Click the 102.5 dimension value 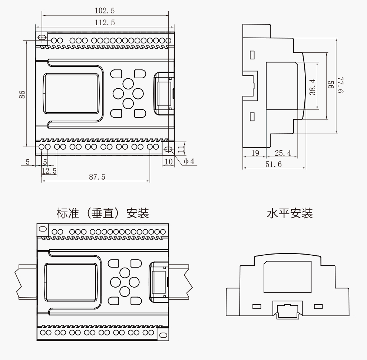click(105, 11)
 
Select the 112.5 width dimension click(105, 23)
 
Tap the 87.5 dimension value click(97, 177)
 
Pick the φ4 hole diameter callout click(189, 161)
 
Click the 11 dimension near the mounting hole click(181, 149)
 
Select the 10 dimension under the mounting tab click(169, 161)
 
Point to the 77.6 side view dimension click(341, 85)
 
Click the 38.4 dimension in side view click(313, 86)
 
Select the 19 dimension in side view click(255, 153)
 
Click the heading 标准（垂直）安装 click(102, 213)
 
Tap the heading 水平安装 click(290, 213)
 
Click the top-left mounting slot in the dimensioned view click(42, 37)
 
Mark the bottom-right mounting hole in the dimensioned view click(168, 150)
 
